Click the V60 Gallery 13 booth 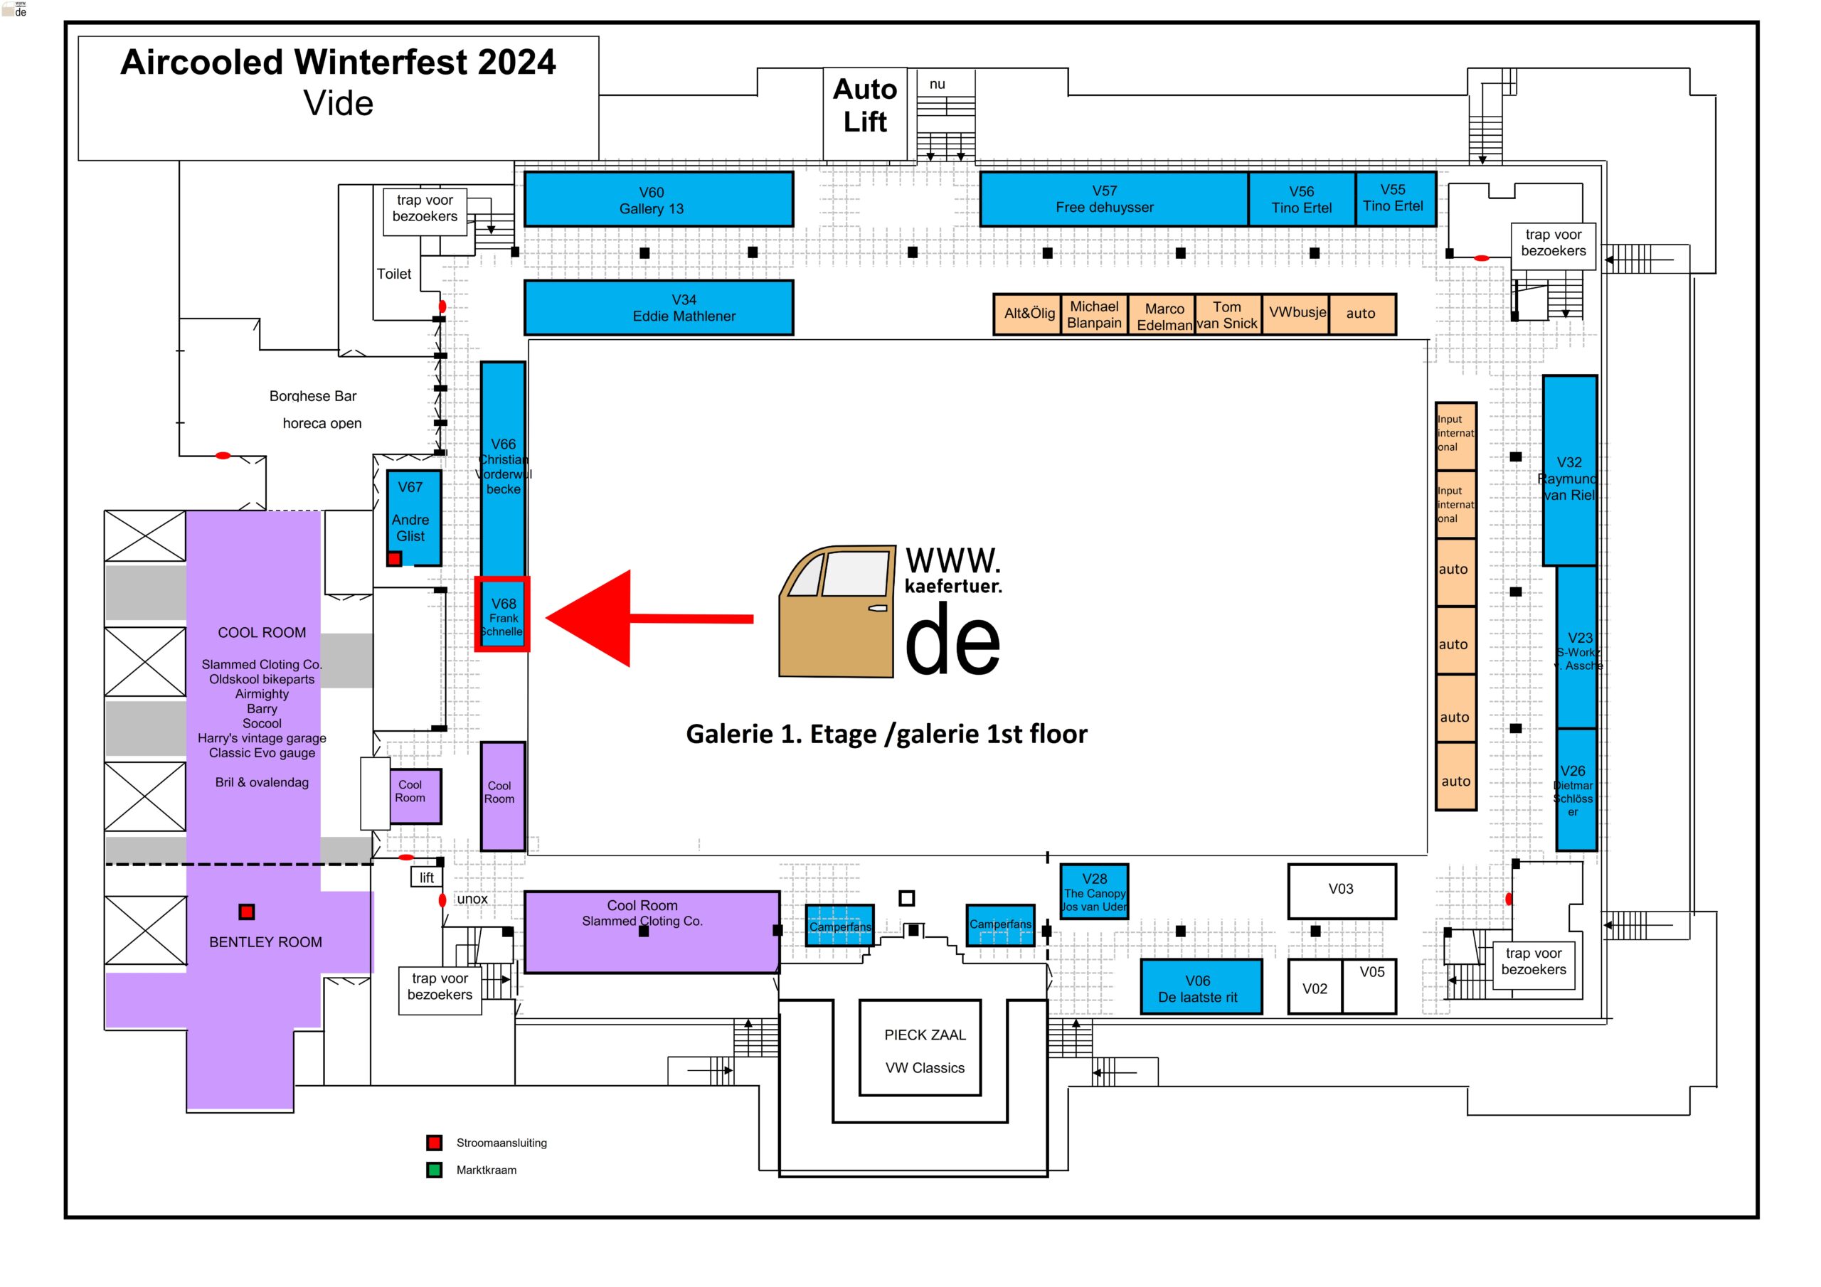point(658,200)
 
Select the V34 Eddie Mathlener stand point(658,308)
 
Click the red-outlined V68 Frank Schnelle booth point(502,615)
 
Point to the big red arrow point(635,619)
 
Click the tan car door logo point(837,611)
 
